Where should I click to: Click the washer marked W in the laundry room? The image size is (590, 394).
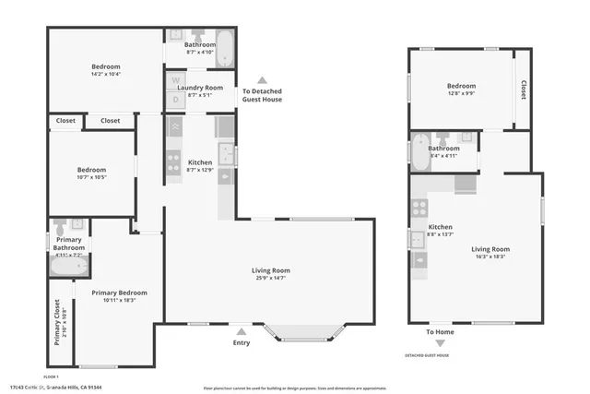175,80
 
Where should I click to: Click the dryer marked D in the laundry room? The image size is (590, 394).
175,100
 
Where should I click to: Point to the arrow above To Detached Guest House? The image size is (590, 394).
262,79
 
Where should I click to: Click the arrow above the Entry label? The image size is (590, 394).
241,331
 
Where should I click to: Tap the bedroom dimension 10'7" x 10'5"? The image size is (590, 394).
91,177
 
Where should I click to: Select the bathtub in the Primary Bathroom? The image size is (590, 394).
67,268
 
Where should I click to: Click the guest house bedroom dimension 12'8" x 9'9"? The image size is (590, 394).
462,91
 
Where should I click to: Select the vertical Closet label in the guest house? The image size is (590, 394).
523,90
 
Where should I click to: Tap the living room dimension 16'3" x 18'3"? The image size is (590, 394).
490,257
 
